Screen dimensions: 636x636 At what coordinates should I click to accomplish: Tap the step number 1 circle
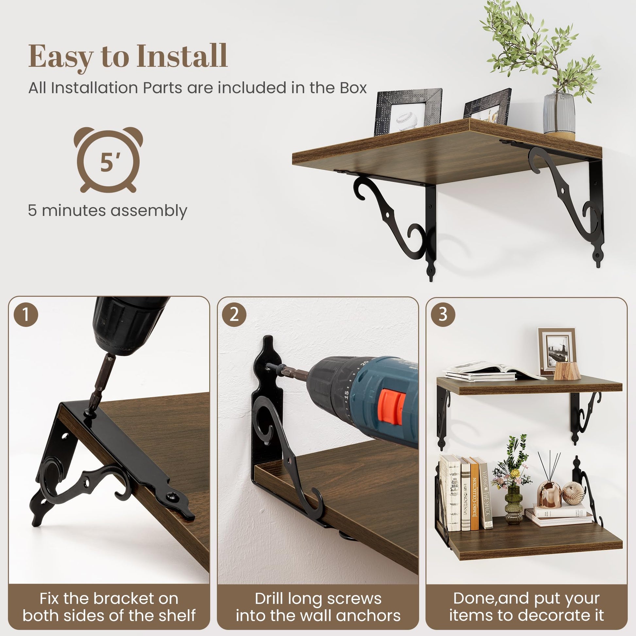click(26, 314)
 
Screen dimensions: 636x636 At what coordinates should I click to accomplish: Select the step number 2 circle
click(234, 314)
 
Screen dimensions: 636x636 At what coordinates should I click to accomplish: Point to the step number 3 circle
click(443, 314)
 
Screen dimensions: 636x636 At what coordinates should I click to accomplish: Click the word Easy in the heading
click(61, 58)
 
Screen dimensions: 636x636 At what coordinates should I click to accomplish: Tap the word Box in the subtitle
click(354, 88)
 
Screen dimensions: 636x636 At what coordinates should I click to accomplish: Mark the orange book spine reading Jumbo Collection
click(474, 494)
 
